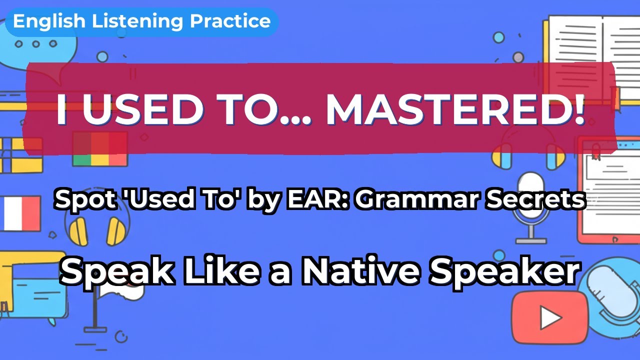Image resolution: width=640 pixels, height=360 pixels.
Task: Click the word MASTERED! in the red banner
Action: (455, 109)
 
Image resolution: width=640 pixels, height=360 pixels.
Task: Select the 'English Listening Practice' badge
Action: (141, 21)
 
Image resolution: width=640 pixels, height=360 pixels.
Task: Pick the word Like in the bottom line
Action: (212, 272)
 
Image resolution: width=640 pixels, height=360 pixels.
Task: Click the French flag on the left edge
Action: (20, 213)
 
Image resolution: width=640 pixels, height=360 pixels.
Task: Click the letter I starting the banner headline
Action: (62, 109)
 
